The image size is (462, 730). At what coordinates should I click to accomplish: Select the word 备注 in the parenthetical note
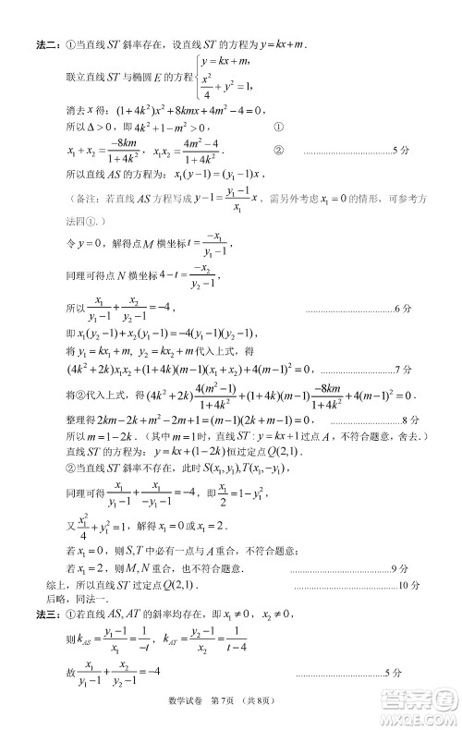(92, 199)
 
